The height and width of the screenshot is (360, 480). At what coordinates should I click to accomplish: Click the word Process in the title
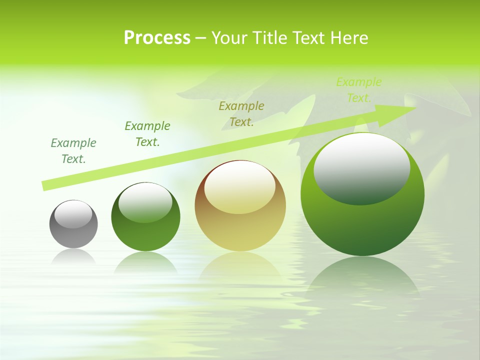tap(157, 38)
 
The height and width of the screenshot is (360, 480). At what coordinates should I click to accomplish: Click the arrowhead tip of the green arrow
tap(414, 108)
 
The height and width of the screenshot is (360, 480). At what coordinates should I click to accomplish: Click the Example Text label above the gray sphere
tap(73, 151)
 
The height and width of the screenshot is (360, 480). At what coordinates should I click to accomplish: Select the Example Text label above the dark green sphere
tap(147, 134)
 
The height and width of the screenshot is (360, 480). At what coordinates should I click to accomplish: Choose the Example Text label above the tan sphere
tap(241, 114)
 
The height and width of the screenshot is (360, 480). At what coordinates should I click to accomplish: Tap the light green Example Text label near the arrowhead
tap(359, 90)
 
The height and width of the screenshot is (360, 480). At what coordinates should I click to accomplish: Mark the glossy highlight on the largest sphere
tap(362, 169)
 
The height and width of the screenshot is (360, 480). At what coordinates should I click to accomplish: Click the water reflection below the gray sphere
tap(73, 257)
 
